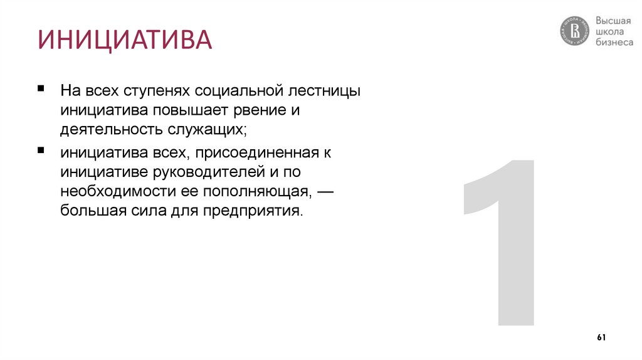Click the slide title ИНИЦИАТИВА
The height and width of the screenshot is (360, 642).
tap(124, 39)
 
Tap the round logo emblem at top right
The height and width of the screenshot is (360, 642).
tap(575, 31)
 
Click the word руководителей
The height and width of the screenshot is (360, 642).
tap(205, 172)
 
